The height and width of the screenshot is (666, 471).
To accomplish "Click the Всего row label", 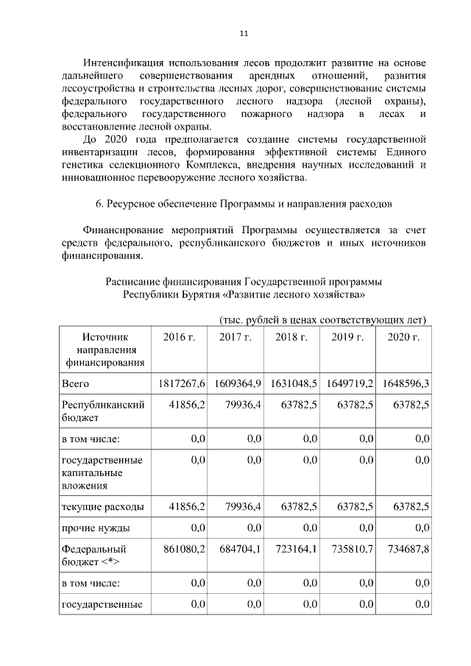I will click(x=76, y=384).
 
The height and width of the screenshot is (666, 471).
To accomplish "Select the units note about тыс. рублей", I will click(x=322, y=319).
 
